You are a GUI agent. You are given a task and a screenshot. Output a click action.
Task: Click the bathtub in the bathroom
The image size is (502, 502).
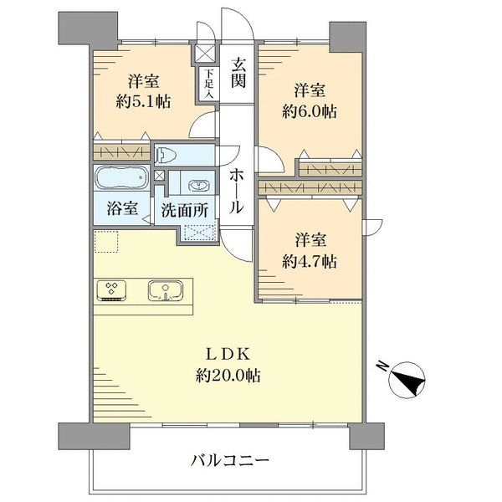click(121, 178)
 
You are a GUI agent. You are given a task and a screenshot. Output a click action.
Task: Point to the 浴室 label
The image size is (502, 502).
click(122, 208)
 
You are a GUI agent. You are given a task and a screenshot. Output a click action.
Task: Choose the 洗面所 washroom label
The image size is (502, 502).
click(185, 210)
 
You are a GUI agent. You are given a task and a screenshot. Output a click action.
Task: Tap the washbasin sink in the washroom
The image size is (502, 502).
click(199, 186)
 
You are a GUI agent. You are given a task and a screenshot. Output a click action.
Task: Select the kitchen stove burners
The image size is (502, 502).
click(111, 290)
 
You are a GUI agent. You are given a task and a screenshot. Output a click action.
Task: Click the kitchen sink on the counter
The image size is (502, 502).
click(166, 291)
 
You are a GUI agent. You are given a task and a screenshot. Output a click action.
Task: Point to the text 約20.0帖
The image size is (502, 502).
click(228, 375)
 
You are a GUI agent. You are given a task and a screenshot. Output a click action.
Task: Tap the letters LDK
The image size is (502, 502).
click(228, 355)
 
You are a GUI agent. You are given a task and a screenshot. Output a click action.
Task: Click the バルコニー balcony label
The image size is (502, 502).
click(230, 461)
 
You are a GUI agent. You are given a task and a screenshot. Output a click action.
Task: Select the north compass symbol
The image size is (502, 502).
click(407, 381)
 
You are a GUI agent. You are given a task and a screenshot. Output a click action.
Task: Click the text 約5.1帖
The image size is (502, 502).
click(143, 102)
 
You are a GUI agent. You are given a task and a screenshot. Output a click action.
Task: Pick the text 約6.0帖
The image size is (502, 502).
click(309, 112)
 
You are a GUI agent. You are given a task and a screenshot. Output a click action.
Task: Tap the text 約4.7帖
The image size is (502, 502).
click(309, 262)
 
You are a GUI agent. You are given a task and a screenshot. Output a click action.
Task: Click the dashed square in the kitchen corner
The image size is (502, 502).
click(106, 242)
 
